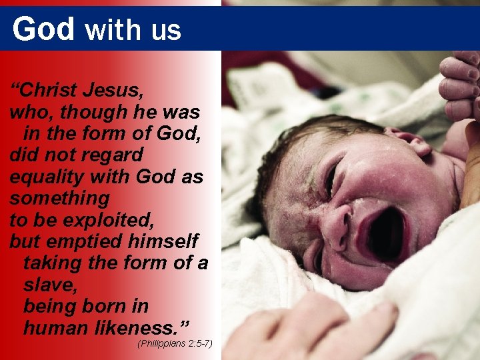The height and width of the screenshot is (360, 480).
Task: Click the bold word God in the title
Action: click(43, 29)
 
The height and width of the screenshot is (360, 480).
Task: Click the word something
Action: click(59, 198)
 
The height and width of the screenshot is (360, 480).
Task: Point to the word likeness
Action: click(142, 328)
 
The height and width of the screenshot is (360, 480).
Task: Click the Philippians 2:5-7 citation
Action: click(174, 344)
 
